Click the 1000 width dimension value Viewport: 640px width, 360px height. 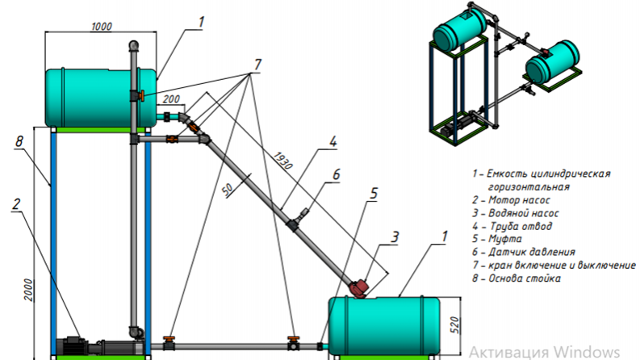(x=101, y=27)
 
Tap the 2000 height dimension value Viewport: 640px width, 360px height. (x=28, y=290)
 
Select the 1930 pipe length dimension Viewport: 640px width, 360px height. (x=282, y=161)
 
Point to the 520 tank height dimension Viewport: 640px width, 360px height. (x=455, y=325)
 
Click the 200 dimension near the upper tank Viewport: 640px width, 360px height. (x=171, y=98)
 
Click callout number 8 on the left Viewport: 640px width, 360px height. (x=19, y=141)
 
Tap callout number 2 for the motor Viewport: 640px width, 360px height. (x=16, y=204)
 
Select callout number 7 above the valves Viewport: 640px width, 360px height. (x=257, y=65)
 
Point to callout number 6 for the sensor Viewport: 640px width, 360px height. (x=336, y=174)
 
